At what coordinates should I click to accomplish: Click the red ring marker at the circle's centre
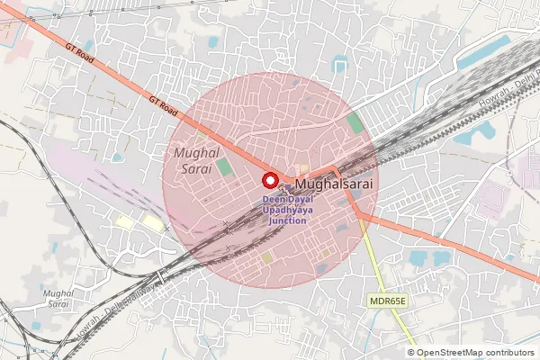point(268,178)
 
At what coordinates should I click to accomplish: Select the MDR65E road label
point(388,300)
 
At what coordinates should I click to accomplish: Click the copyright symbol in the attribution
point(410,353)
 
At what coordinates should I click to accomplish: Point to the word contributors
point(509,353)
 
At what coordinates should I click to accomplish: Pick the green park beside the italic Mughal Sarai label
point(223,167)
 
